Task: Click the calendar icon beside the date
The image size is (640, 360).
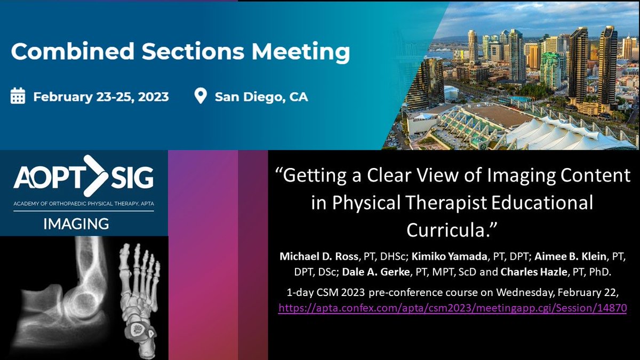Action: coord(18,97)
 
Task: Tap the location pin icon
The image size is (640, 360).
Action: coord(201,97)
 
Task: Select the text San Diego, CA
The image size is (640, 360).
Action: coord(261,97)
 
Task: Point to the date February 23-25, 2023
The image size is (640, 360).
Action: coord(101,97)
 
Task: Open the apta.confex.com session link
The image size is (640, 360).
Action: coord(452,308)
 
